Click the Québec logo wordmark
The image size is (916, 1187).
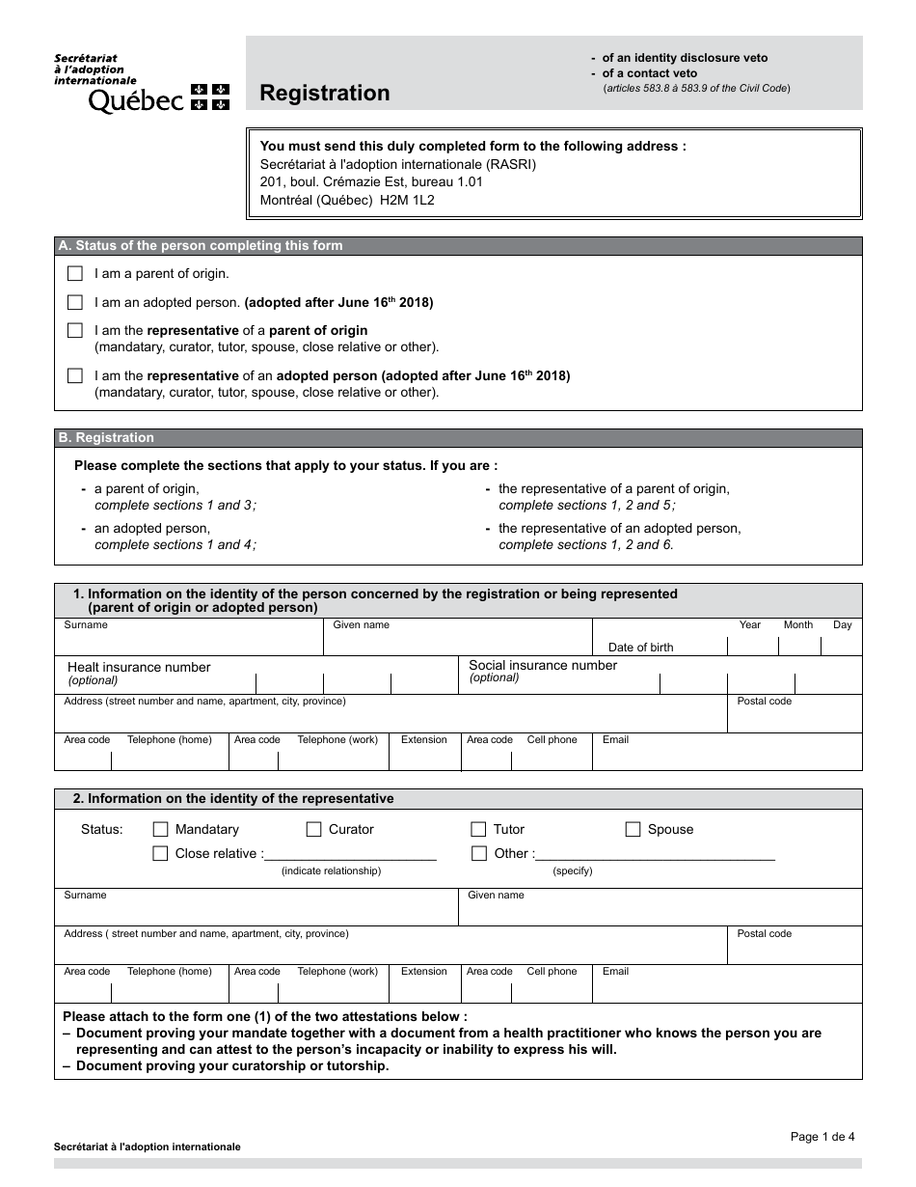tap(136, 99)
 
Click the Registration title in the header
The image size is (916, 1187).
tap(324, 94)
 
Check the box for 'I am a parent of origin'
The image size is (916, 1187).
tap(75, 274)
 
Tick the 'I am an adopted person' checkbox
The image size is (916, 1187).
tap(75, 302)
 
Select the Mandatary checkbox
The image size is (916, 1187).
tap(161, 829)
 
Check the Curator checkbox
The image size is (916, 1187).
tap(313, 829)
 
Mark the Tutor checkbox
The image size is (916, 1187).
tap(478, 829)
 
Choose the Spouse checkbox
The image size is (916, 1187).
tap(633, 829)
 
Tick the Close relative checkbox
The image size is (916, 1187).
tap(161, 853)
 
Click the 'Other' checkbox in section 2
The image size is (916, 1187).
tap(478, 853)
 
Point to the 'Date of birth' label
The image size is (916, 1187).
tap(640, 648)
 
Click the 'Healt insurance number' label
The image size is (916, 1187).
tap(138, 667)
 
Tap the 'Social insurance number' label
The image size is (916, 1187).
tap(542, 665)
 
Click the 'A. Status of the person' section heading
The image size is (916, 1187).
tap(201, 246)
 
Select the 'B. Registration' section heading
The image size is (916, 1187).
tap(106, 438)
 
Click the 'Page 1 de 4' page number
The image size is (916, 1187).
tap(822, 1137)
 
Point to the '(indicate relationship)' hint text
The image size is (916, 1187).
tap(331, 870)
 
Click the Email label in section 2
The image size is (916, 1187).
tap(615, 972)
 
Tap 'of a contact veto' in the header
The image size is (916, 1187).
tap(649, 73)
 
